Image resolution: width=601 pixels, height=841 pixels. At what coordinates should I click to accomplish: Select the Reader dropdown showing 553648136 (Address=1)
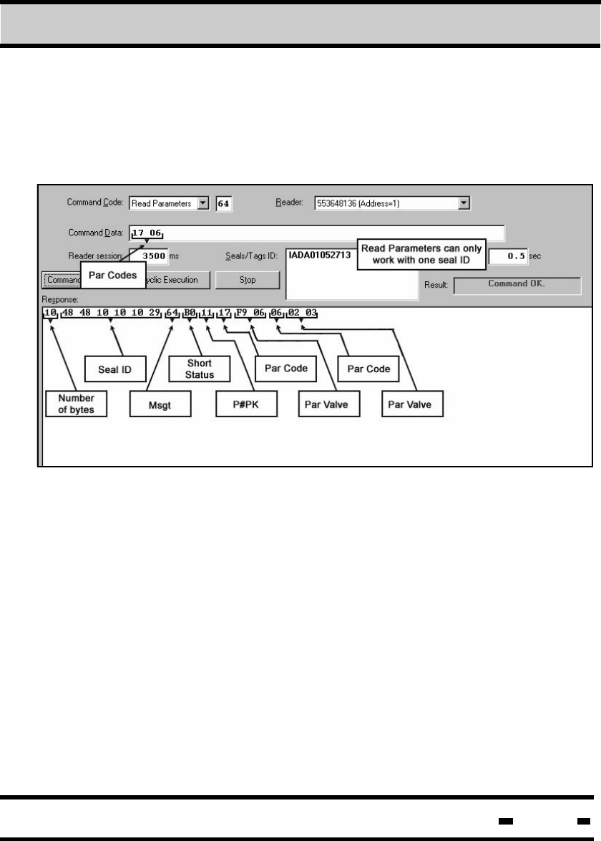coord(392,203)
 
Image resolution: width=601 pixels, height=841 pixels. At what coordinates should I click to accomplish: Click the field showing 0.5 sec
coord(507,256)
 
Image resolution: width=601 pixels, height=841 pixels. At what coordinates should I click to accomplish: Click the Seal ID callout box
coord(113,368)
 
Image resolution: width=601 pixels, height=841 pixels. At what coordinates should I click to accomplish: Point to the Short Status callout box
coord(199,369)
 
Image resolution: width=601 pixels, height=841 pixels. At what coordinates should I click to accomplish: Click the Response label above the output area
coord(59,300)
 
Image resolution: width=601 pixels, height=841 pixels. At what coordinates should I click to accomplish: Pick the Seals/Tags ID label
coord(247,256)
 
